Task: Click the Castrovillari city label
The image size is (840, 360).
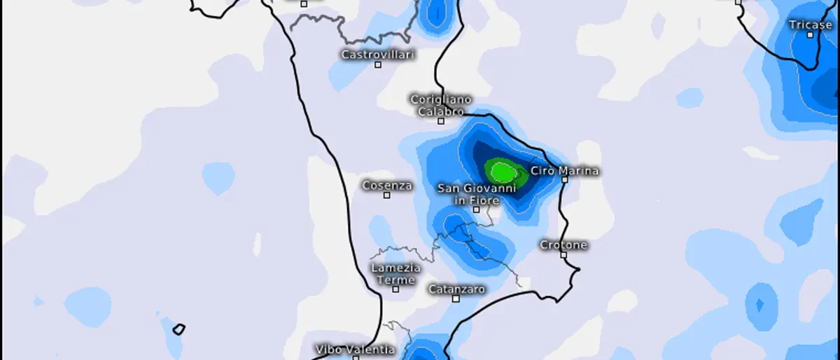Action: [x=378, y=54]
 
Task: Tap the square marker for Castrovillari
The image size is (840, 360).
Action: [x=378, y=64]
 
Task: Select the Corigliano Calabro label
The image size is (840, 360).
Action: [x=440, y=106]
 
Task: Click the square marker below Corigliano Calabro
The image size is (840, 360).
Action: [x=441, y=120]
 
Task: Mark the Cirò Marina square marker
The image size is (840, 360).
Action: [x=564, y=179]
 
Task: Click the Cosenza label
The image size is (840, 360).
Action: [x=387, y=186]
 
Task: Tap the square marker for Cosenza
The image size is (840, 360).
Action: [x=386, y=195]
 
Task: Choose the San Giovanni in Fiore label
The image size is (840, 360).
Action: [x=477, y=194]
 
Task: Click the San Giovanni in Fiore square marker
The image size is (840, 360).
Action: [x=476, y=209]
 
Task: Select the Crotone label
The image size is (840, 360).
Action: [x=563, y=245]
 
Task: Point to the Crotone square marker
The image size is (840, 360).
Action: [x=563, y=255]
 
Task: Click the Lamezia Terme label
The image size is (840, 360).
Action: [x=396, y=274]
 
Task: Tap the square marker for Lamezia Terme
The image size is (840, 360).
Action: [x=395, y=289]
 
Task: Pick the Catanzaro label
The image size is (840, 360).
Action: [x=456, y=289]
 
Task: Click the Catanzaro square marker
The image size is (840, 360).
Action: [x=456, y=298]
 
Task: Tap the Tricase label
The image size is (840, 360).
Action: [x=810, y=25]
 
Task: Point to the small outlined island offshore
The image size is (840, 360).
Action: [x=179, y=328]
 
